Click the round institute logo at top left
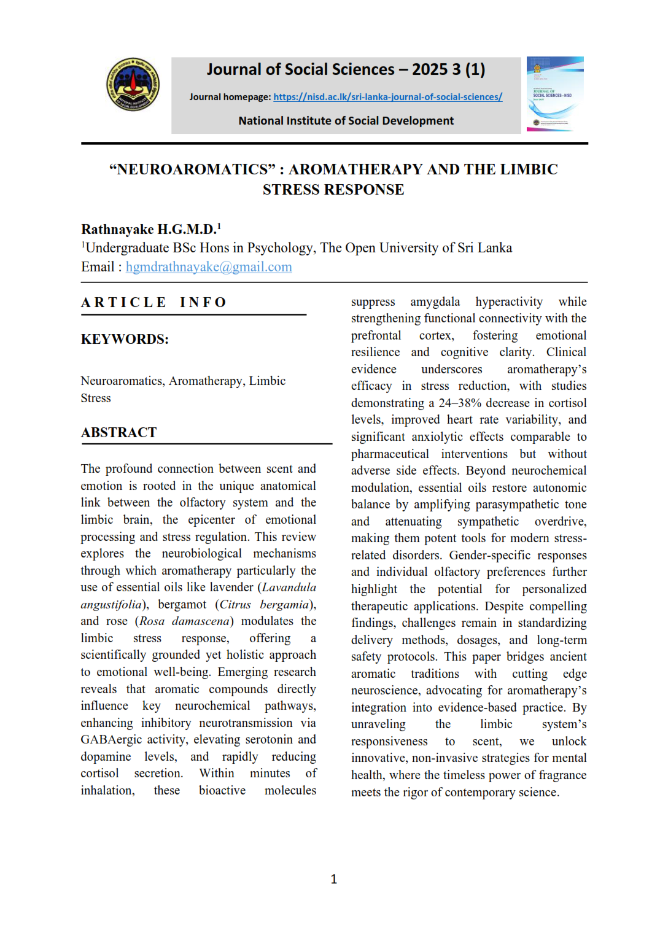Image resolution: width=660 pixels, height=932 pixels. point(133,85)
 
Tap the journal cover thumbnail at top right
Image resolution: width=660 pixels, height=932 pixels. point(555,94)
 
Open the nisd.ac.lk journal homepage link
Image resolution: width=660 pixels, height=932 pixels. point(387,97)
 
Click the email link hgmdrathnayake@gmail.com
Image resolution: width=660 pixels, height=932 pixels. point(209,267)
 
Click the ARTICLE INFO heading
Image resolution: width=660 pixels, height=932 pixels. point(154,302)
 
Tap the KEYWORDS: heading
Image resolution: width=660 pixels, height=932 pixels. point(125,340)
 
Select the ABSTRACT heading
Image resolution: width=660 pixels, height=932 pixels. point(118,433)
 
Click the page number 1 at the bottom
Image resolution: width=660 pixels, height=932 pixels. point(333,879)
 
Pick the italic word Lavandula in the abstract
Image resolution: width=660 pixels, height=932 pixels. point(289,588)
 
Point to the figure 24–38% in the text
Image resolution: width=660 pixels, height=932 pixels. point(461,403)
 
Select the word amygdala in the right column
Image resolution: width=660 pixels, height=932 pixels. point(435,302)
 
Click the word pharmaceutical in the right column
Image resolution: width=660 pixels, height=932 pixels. point(390,454)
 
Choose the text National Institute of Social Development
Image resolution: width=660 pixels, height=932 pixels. point(346,121)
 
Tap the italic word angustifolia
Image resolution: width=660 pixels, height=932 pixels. point(111,605)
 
